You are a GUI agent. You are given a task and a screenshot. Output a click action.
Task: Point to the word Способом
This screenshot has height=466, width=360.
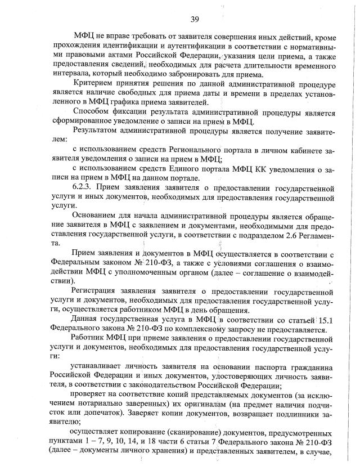tap(93, 111)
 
